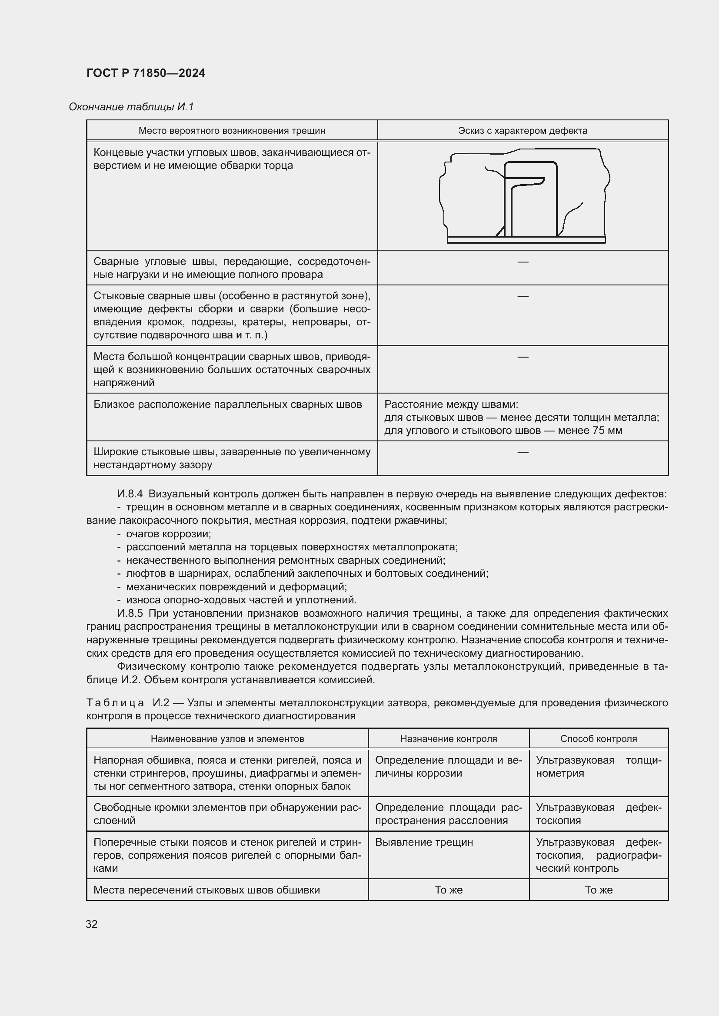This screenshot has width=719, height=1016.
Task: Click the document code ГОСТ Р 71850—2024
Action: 146,73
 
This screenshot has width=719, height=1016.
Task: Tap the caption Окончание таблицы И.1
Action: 131,107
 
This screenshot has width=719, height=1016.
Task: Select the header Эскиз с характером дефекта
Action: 523,131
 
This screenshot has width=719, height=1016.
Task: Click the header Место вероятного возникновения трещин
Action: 232,131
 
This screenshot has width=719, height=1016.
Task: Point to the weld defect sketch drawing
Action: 524,195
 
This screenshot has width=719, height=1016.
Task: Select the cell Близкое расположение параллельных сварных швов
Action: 227,404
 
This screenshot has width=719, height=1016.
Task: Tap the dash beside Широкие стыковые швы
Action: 523,452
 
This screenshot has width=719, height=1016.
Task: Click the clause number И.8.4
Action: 130,494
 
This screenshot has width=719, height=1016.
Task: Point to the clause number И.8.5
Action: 130,613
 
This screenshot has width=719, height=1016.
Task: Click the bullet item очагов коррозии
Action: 168,534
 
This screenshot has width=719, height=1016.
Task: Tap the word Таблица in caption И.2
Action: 115,703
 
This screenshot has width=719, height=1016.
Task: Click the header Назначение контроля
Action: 448,738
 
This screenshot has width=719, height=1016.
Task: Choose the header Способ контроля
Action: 598,738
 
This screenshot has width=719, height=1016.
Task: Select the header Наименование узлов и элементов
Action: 227,738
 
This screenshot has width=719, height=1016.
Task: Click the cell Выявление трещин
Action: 424,842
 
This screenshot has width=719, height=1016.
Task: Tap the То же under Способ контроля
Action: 598,890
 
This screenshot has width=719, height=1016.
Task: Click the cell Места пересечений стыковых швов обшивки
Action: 206,890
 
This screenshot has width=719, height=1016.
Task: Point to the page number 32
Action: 92,924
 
